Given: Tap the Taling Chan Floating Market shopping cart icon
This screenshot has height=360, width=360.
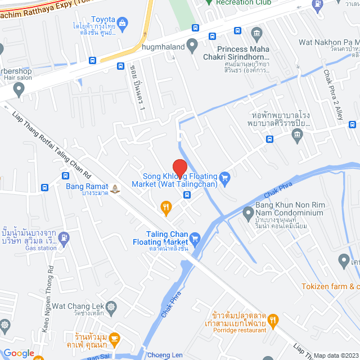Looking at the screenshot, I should point(195,238).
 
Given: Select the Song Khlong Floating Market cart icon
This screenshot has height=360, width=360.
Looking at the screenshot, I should point(225,179).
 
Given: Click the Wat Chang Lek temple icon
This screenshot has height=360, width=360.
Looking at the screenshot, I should point(110,308).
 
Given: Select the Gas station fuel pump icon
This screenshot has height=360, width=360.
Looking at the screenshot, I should point(64,237).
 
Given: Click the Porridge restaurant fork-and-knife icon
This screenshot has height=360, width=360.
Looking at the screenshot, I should point(273,321).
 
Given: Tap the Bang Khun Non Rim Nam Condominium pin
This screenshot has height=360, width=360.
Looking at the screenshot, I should point(248,213).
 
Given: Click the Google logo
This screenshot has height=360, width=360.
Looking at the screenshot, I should point(19,353).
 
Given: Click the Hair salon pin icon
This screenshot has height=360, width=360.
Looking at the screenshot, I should point(19,88).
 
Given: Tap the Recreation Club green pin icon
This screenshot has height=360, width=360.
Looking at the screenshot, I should point(209,2).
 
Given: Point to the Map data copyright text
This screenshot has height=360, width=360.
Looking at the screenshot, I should point(336,355).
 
